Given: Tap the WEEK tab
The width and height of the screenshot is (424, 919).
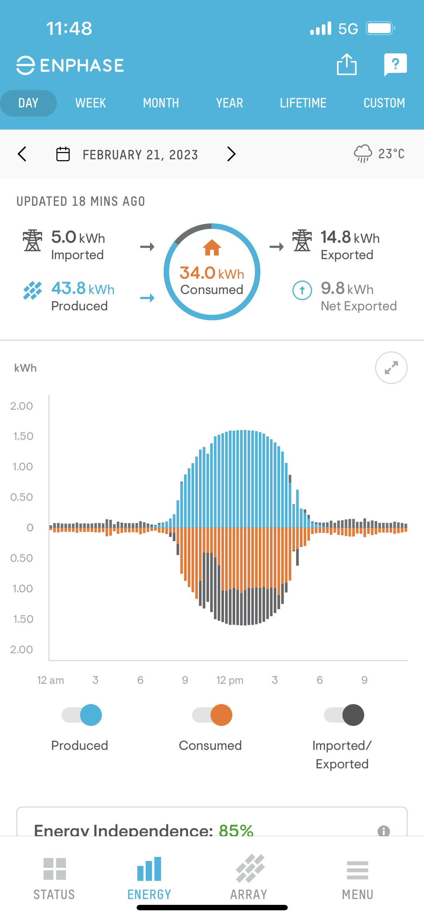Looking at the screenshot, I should click(91, 103).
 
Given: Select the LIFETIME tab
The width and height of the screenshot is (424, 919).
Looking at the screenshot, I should click(303, 103).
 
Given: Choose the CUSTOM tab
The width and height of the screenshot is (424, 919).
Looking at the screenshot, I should click(384, 103).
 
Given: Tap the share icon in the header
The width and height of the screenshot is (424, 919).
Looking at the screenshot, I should click(346, 65).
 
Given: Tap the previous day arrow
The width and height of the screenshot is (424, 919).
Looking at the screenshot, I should click(22, 154).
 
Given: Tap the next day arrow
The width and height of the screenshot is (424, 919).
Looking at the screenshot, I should click(231, 154).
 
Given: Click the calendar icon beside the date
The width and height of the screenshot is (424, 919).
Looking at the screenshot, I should click(63, 154).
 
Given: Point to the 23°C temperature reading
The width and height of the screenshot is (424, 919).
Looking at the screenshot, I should click(391, 154).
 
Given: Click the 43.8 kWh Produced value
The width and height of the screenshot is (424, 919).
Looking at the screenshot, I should click(83, 289).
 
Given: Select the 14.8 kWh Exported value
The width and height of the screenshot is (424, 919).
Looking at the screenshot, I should click(350, 238).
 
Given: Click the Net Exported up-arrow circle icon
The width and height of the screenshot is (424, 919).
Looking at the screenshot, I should click(302, 290).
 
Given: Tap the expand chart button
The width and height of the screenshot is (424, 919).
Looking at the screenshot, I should click(391, 368).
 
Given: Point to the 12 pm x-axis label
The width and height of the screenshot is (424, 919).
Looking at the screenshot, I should click(230, 680).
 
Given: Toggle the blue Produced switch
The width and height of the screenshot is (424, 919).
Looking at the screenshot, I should click(82, 715).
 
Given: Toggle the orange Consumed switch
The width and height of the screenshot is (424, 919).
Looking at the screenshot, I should click(212, 715).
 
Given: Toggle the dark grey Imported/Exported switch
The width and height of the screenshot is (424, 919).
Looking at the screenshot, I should click(344, 715).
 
